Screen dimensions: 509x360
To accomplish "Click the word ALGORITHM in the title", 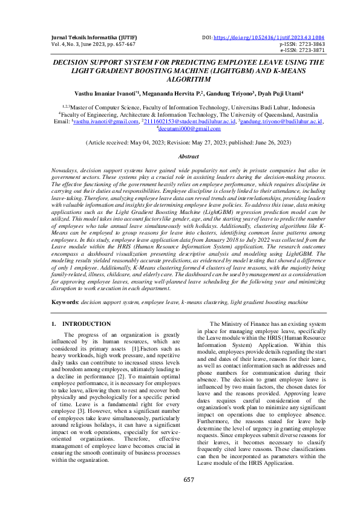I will [180, 79].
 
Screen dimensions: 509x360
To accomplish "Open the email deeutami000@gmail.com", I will [182, 128].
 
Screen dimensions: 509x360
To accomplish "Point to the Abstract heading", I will [180, 155].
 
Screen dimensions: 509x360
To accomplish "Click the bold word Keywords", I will [65, 300].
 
